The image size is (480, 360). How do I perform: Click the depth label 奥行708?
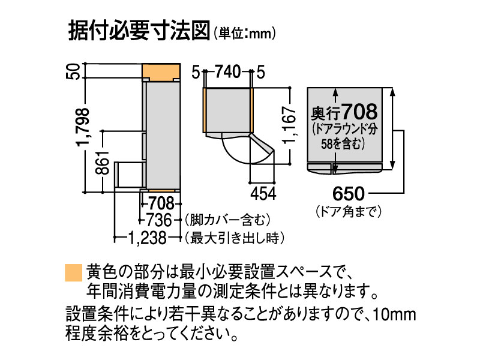pos(344,112)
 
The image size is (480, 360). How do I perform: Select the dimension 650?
pos(347,194)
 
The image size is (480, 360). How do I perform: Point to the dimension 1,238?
pos(147,238)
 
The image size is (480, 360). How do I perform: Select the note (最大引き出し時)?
pos(233,238)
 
